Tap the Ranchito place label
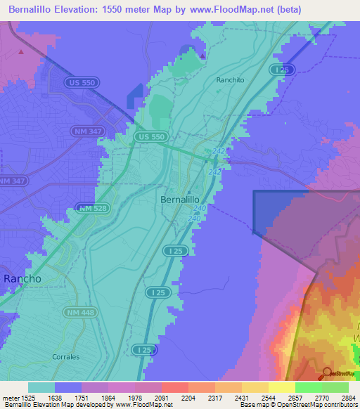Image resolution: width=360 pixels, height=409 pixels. pos(230,80)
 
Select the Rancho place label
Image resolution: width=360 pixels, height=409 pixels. pos(22,278)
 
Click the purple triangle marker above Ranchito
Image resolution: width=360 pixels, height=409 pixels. pos(203,56)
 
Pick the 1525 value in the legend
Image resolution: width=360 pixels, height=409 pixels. pos(28,398)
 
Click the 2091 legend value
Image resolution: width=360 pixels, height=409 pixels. pos(161,398)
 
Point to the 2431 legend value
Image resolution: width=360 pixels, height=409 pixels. pos(241,398)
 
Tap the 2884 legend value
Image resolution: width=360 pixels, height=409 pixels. pos(348,398)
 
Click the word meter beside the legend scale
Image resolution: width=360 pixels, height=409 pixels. pos(10,398)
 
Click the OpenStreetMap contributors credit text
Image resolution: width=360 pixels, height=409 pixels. pos(309,405)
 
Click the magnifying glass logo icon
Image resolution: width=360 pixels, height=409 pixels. pos(326,374)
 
